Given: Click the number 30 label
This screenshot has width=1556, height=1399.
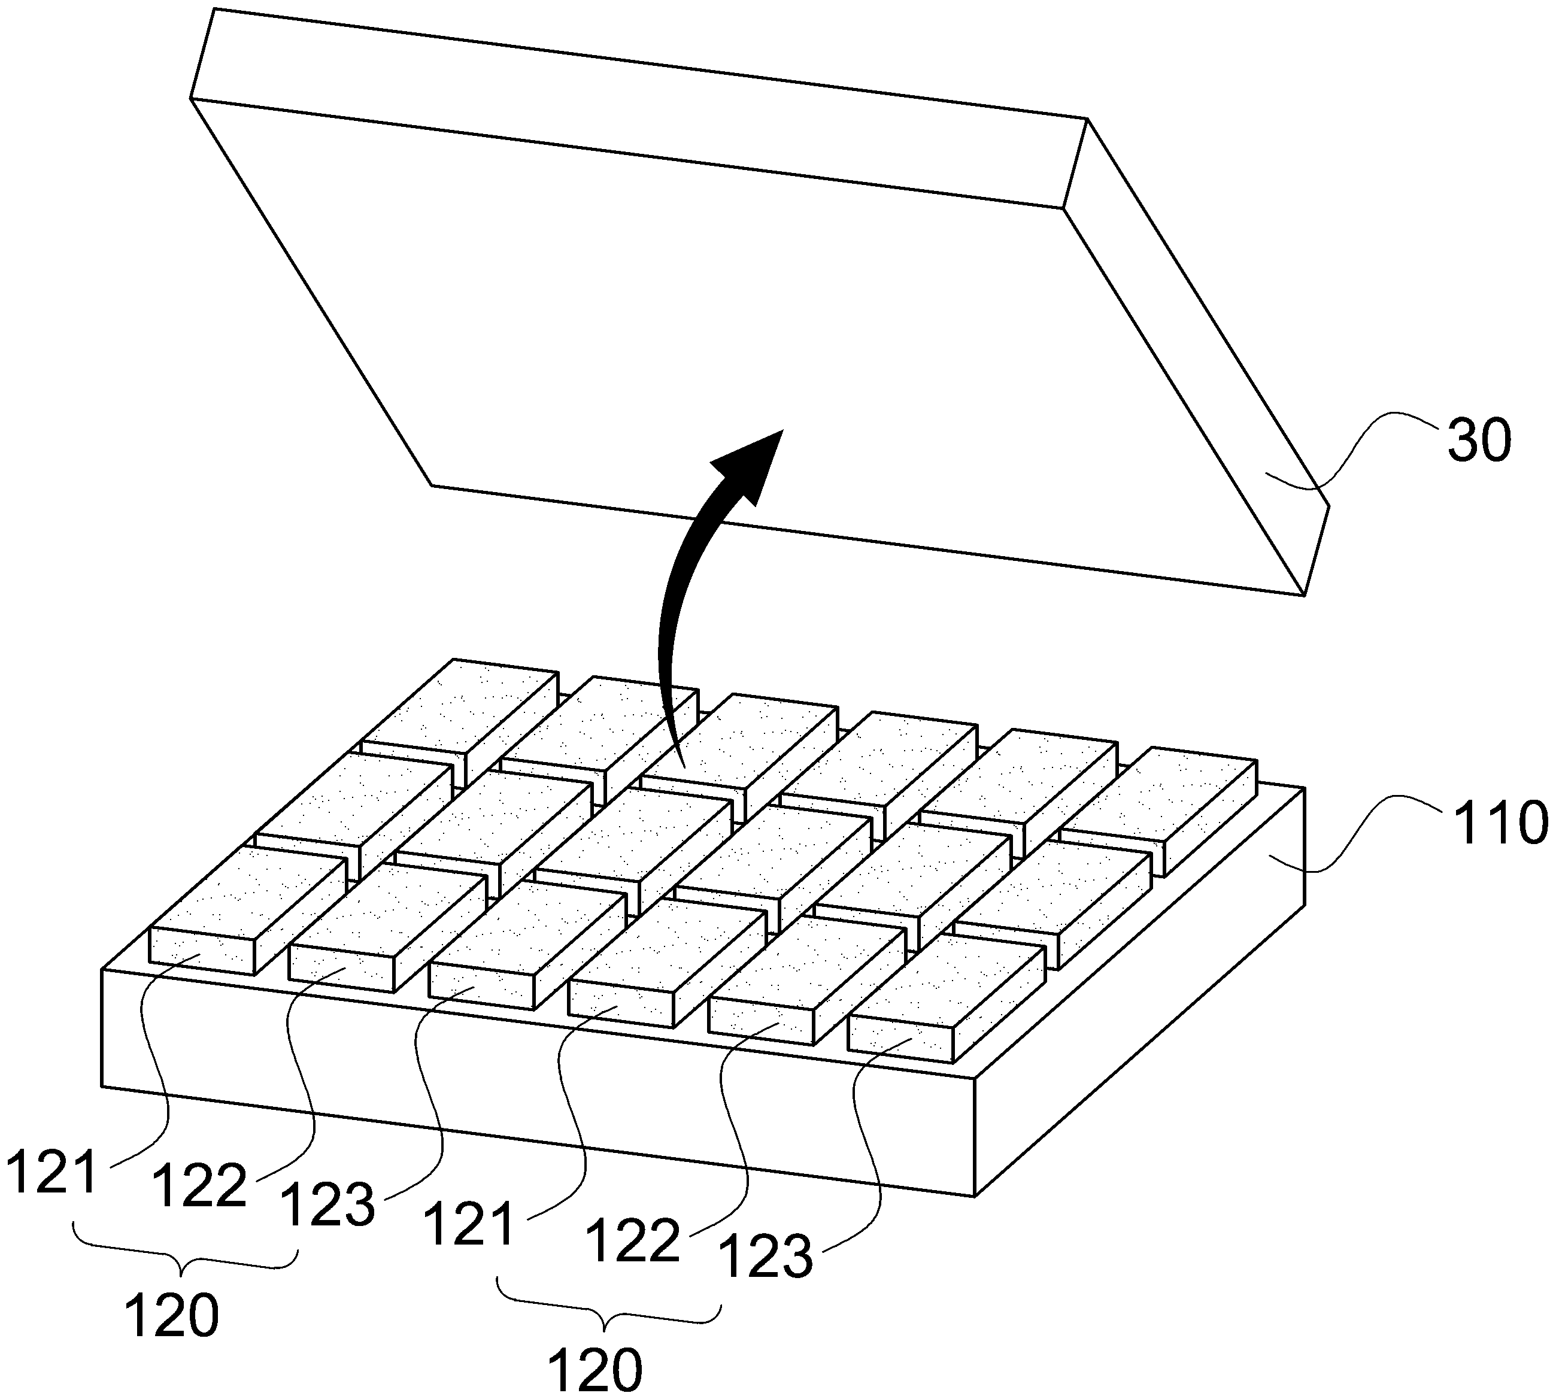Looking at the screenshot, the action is click(x=1479, y=441).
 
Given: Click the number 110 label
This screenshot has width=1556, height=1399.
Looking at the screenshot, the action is click(x=1496, y=822).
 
